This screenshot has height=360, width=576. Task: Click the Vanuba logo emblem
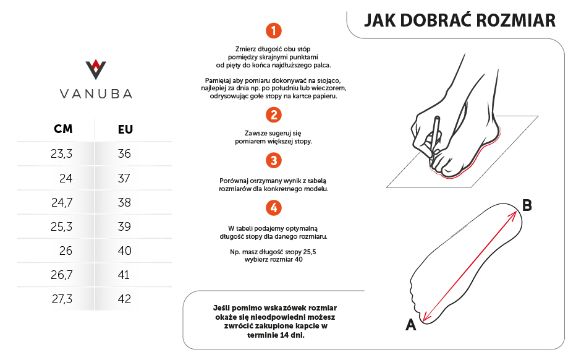pyautogui.click(x=95, y=69)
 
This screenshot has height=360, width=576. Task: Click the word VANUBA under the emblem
pyautogui.click(x=95, y=94)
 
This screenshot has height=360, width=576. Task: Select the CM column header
pyautogui.click(x=63, y=129)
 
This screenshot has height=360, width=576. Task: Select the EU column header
pyautogui.click(x=125, y=129)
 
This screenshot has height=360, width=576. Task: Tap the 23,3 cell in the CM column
pyautogui.click(x=62, y=154)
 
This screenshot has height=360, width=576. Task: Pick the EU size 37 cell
pyautogui.click(x=124, y=178)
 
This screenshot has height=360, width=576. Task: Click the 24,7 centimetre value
pyautogui.click(x=62, y=202)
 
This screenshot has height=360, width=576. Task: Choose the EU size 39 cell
pyautogui.click(x=124, y=227)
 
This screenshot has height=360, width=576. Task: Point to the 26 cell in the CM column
pyautogui.click(x=66, y=251)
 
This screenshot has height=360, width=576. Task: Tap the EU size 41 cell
pyautogui.click(x=124, y=275)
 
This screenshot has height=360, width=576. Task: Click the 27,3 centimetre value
pyautogui.click(x=62, y=299)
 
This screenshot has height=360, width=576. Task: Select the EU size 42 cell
pyautogui.click(x=124, y=299)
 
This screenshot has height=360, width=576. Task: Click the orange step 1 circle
pyautogui.click(x=273, y=30)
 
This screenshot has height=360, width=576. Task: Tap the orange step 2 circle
pyautogui.click(x=273, y=114)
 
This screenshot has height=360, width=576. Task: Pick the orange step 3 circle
pyautogui.click(x=273, y=161)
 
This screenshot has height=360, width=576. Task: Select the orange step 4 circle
pyautogui.click(x=273, y=207)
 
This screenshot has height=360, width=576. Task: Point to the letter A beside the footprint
pyautogui.click(x=410, y=324)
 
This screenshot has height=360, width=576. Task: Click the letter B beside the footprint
pyautogui.click(x=527, y=205)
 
